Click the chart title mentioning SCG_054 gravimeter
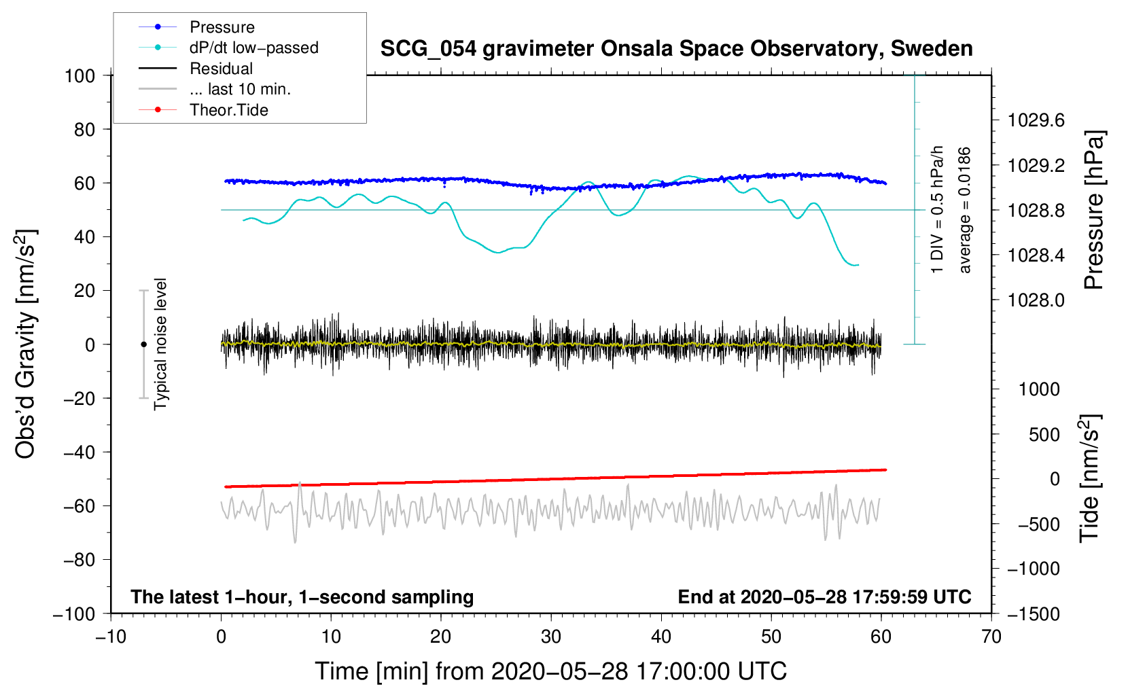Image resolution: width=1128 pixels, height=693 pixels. pos(676,49)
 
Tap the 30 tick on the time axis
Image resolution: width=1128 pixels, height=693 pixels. pos(551,637)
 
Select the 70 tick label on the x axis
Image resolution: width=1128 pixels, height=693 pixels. pos(991,637)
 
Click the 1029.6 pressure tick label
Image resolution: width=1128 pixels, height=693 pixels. pos(1036,120)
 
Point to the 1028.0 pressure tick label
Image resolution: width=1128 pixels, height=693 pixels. pos(1036,300)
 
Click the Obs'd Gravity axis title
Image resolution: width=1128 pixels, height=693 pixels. pos(25,344)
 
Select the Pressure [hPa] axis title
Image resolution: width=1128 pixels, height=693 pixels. pos(1093,210)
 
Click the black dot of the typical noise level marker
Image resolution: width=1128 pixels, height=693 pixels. pos(143,344)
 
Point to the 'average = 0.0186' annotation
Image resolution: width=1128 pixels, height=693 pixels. pos(964,210)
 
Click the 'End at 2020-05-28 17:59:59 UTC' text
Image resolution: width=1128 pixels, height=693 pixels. pos(824,597)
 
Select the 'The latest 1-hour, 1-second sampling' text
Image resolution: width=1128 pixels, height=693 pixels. pos(302,597)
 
